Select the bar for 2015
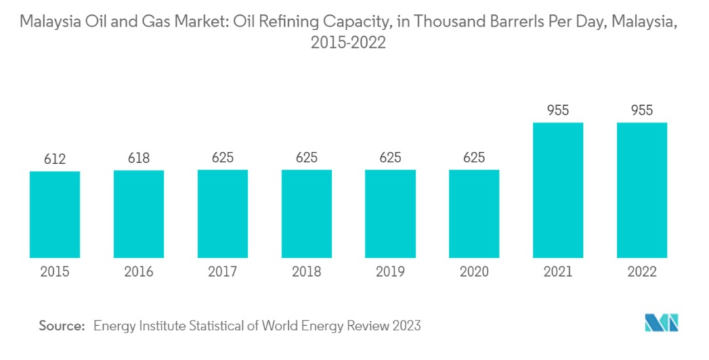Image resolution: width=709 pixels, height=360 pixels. pos(54,215)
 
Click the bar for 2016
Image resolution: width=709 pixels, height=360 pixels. pos(139,214)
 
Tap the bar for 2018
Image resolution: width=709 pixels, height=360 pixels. pos(307,214)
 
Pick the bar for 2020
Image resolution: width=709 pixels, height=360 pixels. pos(474,214)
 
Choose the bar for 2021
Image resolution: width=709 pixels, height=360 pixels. pos(558,190)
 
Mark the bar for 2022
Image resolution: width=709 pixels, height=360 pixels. pos(641,190)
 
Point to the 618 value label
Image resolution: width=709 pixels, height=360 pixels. pos(139,158)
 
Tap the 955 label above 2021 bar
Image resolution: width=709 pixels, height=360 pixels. pos(558,110)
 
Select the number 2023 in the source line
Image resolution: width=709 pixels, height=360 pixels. pos(406,325)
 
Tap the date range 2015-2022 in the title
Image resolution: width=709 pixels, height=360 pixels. pos(348,44)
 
